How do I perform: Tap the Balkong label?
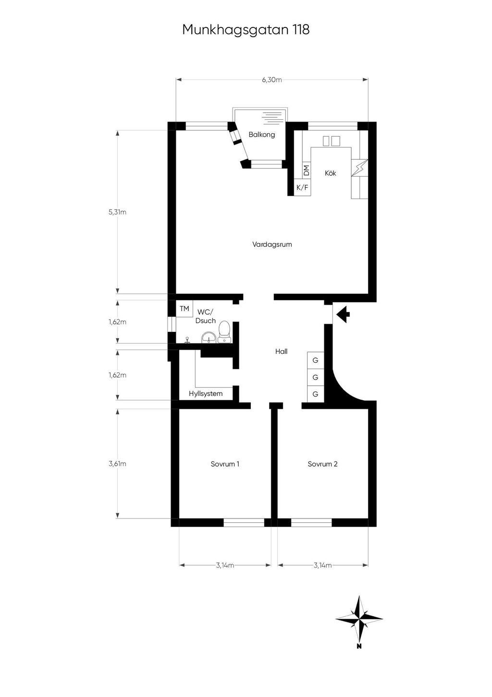pos(262,135)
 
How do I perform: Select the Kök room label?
pos(331,173)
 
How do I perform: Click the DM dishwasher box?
pos(307,170)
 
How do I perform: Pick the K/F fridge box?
pos(302,188)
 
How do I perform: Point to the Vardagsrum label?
pos(272,244)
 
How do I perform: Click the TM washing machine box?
pos(184,308)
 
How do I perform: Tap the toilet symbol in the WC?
pos(224,332)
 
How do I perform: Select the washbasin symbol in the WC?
pos(209,337)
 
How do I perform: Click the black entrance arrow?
pos(343,315)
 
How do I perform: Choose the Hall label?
pos(281,351)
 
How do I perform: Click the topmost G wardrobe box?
pos(316,360)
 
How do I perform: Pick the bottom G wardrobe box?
pos(316,394)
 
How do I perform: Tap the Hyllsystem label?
pos(206,393)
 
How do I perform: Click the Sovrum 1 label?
pos(225,464)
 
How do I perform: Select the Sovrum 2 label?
pos(322,464)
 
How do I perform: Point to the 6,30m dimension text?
pos(271,80)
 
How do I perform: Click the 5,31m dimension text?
pos(118,212)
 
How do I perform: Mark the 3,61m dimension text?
pos(118,464)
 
